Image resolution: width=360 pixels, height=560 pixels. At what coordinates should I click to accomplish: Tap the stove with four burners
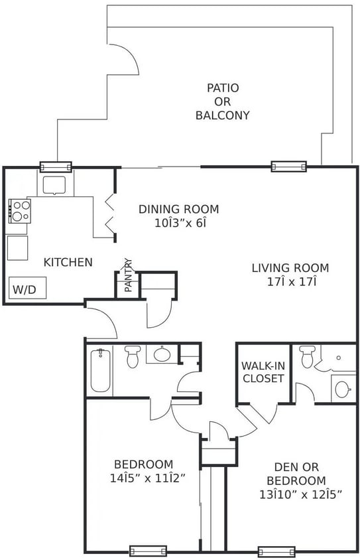20,210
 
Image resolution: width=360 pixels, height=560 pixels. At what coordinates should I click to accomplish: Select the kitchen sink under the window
54,183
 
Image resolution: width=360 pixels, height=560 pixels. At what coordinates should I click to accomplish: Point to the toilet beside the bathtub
132,356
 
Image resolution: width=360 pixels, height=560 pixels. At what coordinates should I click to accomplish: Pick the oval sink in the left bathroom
162,354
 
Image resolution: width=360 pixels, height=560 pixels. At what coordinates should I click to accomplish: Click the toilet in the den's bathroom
307,357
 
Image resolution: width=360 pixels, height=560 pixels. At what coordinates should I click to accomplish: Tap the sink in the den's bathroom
343,389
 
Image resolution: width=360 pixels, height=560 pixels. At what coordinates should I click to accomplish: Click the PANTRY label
128,276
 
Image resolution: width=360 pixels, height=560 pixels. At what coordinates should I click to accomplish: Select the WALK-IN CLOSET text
263,372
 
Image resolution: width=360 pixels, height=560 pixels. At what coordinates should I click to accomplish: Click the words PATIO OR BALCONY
223,102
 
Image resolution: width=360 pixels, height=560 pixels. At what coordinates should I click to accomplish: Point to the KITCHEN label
68,262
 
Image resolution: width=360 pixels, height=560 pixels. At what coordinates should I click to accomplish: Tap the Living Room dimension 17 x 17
290,282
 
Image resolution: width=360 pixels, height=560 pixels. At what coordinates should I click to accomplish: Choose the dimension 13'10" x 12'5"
296,494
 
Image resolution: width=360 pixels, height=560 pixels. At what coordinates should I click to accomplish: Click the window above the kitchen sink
56,166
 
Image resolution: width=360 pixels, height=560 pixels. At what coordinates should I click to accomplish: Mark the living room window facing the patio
288,166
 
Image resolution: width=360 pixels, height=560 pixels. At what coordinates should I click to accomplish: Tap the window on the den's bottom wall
276,551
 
